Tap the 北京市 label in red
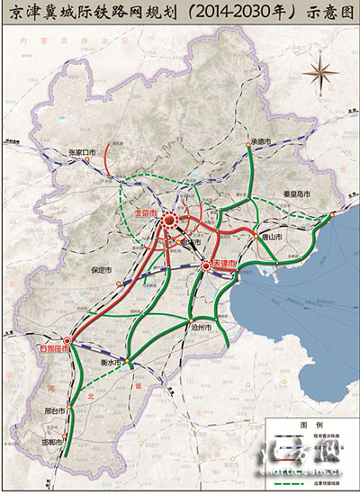144,213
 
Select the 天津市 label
225,263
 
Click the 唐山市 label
271,235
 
